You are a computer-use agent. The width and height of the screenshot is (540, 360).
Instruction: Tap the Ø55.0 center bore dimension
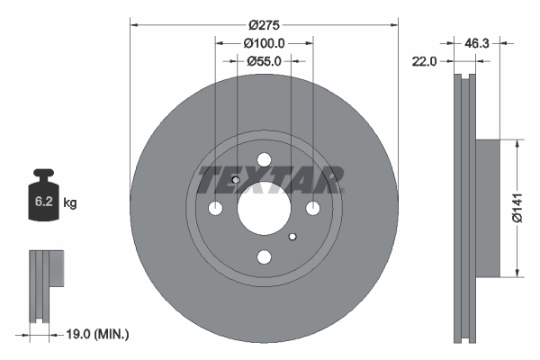[x=264, y=61]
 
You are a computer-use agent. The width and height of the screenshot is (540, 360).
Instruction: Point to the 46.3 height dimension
[x=477, y=42]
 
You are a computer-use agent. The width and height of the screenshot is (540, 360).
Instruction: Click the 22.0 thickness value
[x=424, y=61]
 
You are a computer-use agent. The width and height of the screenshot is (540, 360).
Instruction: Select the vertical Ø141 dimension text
[x=516, y=207]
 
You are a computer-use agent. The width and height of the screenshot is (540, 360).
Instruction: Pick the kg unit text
[x=70, y=203]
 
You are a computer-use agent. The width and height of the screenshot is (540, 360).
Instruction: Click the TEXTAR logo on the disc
[x=270, y=178]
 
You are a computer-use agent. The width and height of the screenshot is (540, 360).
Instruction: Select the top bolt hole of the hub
[x=264, y=160]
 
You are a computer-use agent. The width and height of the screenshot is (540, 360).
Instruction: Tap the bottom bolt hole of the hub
[x=264, y=257]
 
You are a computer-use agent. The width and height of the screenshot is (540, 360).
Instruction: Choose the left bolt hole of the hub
[x=215, y=209]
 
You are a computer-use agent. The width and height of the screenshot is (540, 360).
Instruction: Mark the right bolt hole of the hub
[x=312, y=209]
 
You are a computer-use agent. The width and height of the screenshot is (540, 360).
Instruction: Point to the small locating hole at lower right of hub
[x=292, y=238]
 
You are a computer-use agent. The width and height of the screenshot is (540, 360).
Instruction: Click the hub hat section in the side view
[x=486, y=207]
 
